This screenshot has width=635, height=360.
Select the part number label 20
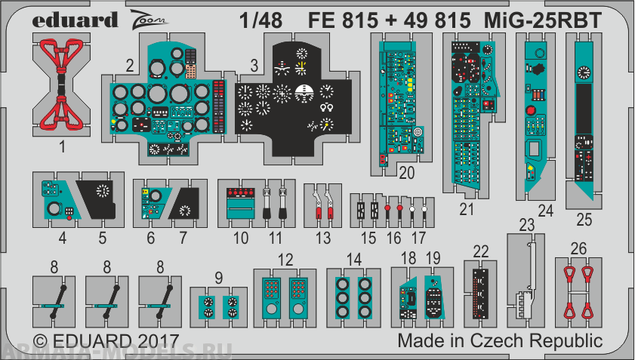point(407,173)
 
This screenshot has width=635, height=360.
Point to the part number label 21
point(468,208)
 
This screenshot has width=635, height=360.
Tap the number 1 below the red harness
point(63,147)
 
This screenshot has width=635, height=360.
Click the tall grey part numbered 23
point(527,279)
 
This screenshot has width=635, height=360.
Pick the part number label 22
point(481,251)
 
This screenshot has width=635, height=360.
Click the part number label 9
point(218,277)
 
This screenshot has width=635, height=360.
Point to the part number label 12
point(285,260)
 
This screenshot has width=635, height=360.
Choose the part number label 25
point(584,220)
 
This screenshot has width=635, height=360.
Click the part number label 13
point(323,238)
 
